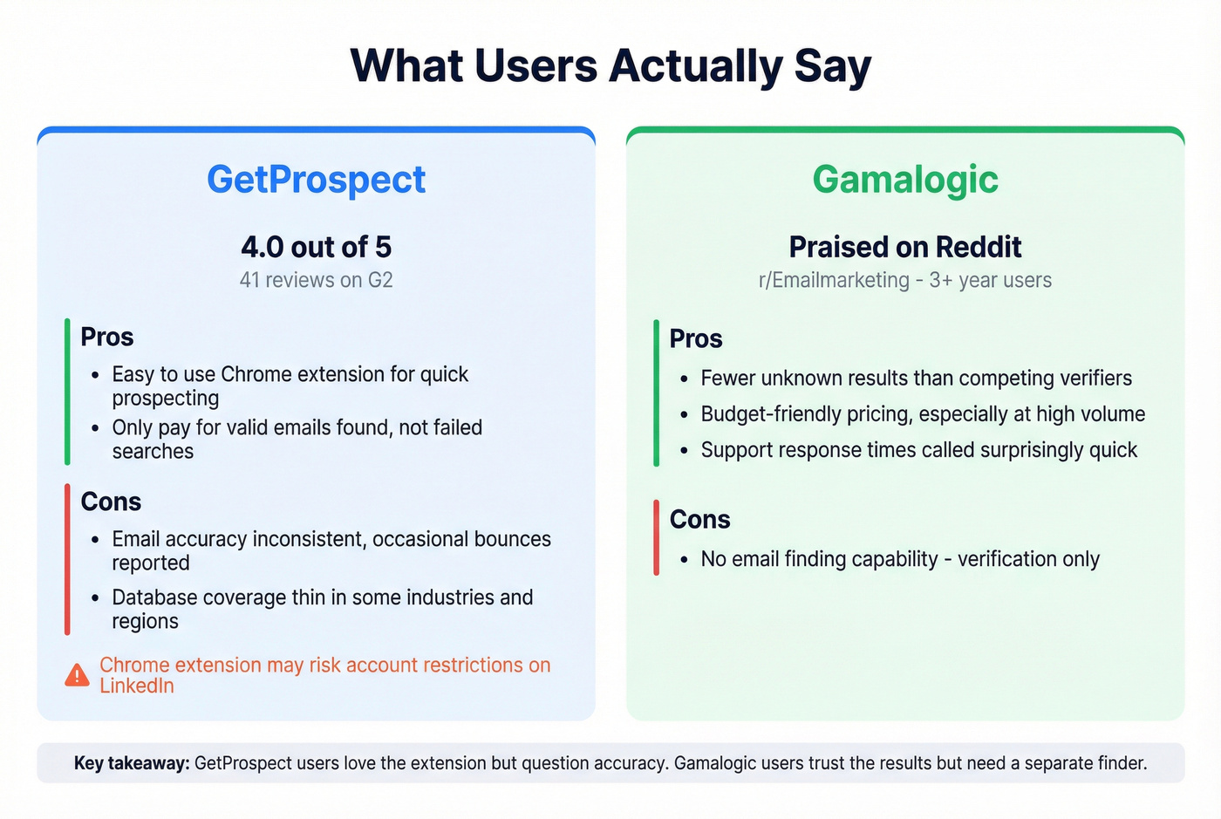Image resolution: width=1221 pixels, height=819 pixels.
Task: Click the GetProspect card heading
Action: click(316, 180)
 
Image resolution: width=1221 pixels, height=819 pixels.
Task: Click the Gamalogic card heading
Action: click(905, 180)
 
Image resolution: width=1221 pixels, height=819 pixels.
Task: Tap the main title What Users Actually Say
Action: click(610, 66)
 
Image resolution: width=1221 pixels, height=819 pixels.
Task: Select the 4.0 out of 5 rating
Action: click(316, 247)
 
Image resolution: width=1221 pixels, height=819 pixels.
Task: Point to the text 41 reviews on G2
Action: click(316, 280)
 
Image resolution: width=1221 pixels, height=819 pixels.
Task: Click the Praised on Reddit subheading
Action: click(905, 247)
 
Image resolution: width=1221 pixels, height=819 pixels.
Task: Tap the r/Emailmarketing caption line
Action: click(905, 280)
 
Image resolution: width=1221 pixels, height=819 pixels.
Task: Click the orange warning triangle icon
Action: click(77, 675)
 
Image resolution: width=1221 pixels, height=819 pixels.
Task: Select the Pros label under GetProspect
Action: click(106, 337)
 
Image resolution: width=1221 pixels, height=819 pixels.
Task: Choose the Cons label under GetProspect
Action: click(111, 502)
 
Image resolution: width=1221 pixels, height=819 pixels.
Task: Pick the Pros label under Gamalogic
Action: click(696, 338)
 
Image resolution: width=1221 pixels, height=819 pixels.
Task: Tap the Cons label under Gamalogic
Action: click(699, 519)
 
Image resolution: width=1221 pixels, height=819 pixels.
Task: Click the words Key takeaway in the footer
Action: click(132, 763)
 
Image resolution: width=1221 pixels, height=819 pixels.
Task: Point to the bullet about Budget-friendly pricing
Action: click(923, 414)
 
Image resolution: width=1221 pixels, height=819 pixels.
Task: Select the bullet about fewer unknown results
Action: click(916, 378)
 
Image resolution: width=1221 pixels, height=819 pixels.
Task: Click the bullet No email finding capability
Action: click(900, 559)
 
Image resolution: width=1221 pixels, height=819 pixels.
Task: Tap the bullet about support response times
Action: click(919, 450)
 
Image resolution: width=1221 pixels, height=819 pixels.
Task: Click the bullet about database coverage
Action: click(322, 609)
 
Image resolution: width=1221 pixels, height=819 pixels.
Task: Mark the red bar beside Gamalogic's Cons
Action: click(656, 537)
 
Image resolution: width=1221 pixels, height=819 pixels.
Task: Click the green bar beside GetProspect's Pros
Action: click(67, 392)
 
